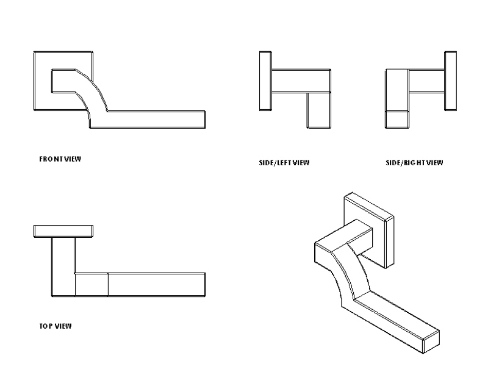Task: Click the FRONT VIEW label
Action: [60, 159]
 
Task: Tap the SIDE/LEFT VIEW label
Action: [284, 163]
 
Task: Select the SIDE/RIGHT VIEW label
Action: [414, 163]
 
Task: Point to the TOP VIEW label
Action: [56, 326]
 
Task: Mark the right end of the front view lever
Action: [205, 120]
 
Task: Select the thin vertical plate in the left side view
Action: [265, 81]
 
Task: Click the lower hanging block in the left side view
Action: [319, 110]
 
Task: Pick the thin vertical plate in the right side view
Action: [451, 81]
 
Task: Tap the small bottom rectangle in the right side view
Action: [397, 120]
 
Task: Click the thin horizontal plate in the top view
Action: [63, 231]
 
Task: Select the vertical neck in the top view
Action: [63, 266]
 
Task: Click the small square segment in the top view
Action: [92, 285]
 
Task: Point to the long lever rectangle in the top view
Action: [157, 285]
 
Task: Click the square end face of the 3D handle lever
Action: [431, 341]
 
